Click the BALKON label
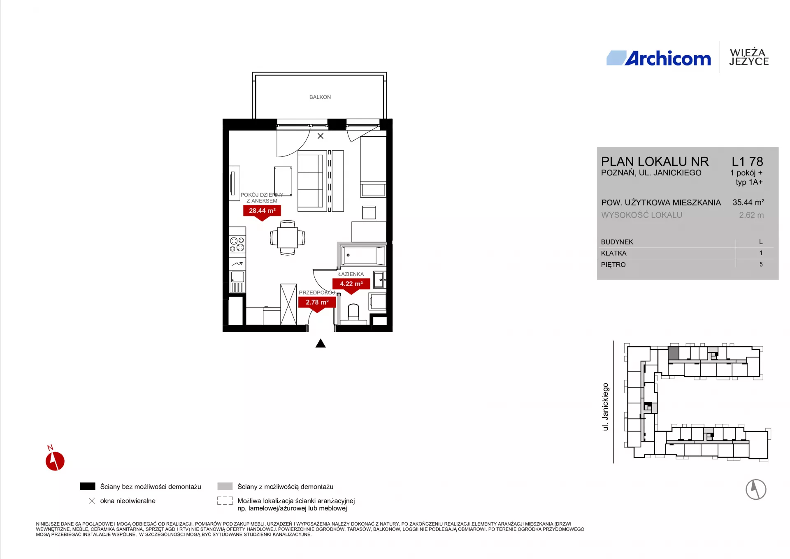tap(320, 97)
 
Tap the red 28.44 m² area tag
tap(262, 212)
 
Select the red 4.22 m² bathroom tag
tap(351, 285)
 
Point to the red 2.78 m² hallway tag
tap(317, 303)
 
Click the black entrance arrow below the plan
tap(321, 343)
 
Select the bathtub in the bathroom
tap(363, 256)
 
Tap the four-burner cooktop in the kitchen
tap(237, 244)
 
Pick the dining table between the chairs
tap(287, 238)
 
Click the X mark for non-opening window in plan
tap(321, 136)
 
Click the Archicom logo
tap(659, 58)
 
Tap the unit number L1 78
tap(747, 161)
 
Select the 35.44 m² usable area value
tap(748, 203)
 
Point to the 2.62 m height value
tap(751, 215)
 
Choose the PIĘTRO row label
tap(613, 265)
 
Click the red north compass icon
tap(55, 460)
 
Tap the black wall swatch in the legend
tap(88, 487)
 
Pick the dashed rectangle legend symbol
tap(225, 501)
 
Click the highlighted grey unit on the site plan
tap(673, 353)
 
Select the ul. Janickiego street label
tap(605, 407)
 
